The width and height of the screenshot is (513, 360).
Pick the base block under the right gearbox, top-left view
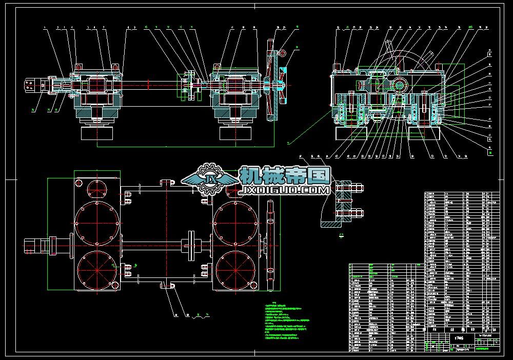(x=235, y=133)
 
